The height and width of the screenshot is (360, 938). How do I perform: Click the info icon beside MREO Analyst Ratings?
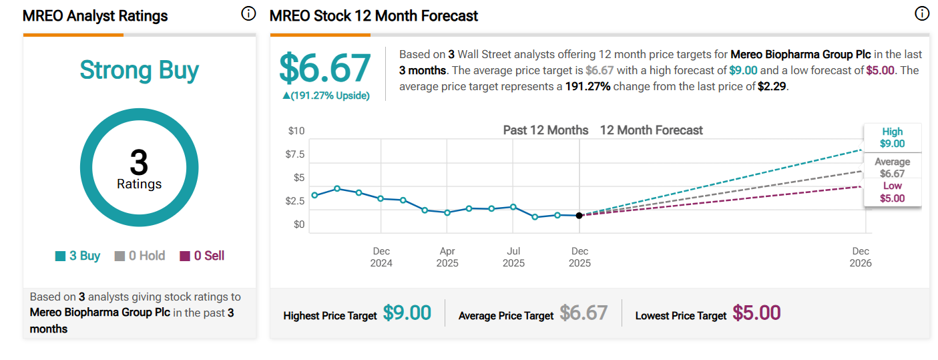click(248, 14)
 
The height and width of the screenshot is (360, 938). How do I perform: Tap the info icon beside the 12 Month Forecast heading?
click(922, 14)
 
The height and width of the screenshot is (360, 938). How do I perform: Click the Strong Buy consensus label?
click(139, 70)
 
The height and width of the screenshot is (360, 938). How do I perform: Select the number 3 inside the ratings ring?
click(139, 162)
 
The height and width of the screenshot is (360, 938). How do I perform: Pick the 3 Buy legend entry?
click(77, 256)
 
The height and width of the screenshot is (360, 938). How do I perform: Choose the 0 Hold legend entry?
click(140, 256)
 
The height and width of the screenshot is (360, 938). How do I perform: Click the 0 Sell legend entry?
click(202, 256)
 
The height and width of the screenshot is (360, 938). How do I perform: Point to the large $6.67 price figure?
click(324, 68)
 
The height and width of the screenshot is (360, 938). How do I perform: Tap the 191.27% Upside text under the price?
click(326, 96)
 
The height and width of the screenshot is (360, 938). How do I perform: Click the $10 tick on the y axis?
click(296, 131)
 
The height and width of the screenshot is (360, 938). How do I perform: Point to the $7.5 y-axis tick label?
click(295, 154)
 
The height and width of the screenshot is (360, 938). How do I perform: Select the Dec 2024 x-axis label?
click(381, 257)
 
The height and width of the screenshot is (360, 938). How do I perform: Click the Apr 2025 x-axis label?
click(447, 257)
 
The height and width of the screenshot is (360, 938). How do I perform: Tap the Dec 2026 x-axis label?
click(861, 257)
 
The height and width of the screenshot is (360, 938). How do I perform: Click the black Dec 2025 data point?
click(579, 215)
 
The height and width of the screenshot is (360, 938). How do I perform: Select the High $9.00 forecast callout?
click(892, 138)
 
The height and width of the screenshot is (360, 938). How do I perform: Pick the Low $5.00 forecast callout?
click(892, 192)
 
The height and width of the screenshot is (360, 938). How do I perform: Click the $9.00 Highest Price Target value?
click(407, 313)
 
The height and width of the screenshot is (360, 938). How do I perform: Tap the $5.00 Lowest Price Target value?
click(756, 313)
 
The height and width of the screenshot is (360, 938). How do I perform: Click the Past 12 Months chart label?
click(545, 130)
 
